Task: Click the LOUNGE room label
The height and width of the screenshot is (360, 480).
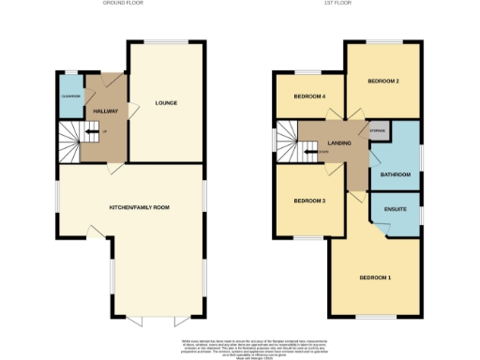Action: pyautogui.click(x=165, y=103)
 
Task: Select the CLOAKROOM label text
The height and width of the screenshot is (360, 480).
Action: pyautogui.click(x=71, y=97)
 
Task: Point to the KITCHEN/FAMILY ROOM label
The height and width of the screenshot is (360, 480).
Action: pyautogui.click(x=130, y=207)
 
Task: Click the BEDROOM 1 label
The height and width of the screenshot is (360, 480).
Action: pyautogui.click(x=376, y=278)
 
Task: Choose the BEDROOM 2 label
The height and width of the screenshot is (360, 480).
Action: pyautogui.click(x=383, y=82)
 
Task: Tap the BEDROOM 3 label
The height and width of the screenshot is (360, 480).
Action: pyautogui.click(x=309, y=202)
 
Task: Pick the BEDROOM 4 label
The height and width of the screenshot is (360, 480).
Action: pyautogui.click(x=309, y=97)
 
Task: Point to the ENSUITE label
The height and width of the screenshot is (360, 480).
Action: pyautogui.click(x=396, y=209)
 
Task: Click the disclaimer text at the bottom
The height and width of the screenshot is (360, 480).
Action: pyautogui.click(x=240, y=344)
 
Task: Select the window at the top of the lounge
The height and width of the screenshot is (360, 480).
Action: pyautogui.click(x=165, y=41)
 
